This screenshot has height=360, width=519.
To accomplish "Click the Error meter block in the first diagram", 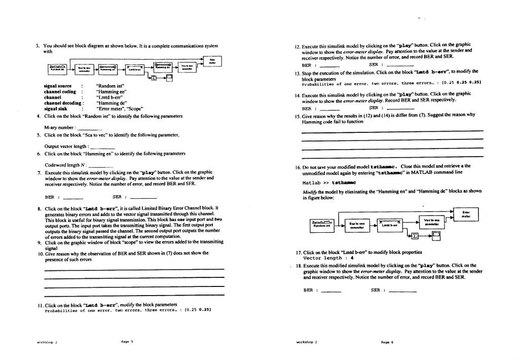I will [212, 61].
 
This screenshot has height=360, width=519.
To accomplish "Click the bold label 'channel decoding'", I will [60, 103].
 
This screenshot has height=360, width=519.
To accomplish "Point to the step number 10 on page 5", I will [41, 253].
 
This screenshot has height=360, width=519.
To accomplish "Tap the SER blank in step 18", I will [402, 291].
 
